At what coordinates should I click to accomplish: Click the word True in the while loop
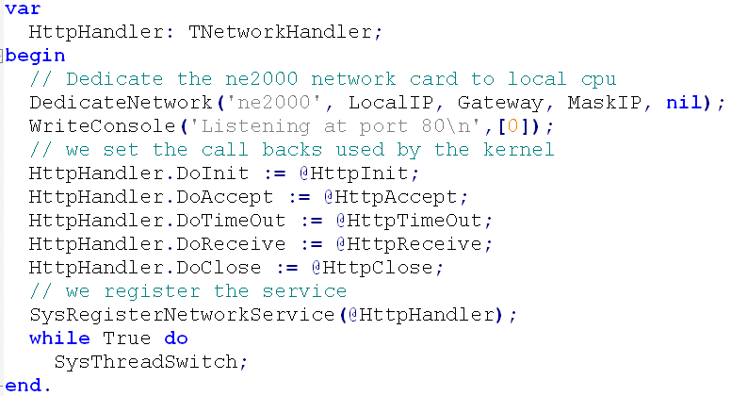click(x=127, y=338)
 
